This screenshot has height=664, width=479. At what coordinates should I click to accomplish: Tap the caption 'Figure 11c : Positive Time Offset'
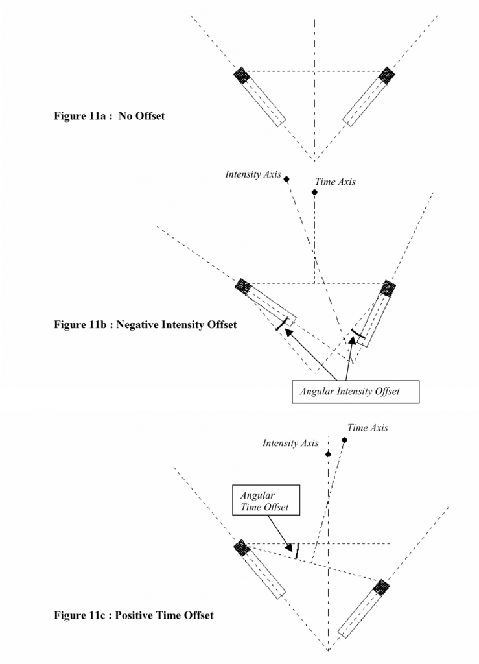pos(133,615)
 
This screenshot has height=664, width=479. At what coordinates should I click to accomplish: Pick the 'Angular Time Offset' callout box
pos(266,500)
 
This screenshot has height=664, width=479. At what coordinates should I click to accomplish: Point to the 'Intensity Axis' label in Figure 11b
pos(252,174)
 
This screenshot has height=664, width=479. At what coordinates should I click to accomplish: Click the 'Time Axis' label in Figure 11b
pos(334,182)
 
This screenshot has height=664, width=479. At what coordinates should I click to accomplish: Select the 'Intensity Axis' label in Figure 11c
pos(290,444)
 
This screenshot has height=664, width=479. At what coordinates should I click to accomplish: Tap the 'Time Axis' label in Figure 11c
pos(368,428)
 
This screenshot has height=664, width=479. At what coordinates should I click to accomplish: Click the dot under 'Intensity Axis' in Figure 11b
pos(286,180)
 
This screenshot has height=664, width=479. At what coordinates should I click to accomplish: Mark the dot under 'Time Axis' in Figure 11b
pos(314,192)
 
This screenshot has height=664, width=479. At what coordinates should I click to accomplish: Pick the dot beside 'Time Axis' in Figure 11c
pos(344,440)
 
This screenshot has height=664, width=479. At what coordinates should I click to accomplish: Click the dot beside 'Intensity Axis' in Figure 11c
pos(329,454)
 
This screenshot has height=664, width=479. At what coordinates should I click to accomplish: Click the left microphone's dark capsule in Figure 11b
pos(243,285)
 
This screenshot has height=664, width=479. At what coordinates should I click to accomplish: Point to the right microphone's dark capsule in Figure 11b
pos(389,287)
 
